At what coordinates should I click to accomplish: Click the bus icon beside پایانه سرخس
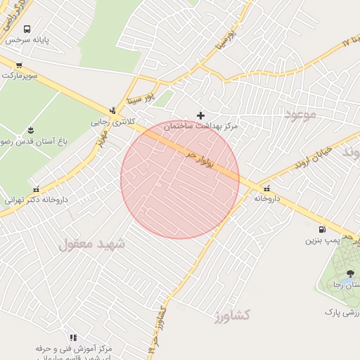pos(27,30)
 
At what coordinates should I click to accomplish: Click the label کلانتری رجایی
pos(112,121)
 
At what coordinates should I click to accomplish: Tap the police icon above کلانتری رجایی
pos(112,110)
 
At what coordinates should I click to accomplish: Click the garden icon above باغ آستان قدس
pos(30,129)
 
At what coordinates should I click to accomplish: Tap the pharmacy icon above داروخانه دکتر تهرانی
pos(37,188)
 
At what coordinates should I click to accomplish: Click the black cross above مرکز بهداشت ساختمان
pos(201,115)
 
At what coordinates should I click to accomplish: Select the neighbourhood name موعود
pos(301,112)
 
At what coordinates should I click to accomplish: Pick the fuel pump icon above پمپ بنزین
pos(322,229)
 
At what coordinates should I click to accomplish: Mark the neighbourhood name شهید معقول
pos(91,244)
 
